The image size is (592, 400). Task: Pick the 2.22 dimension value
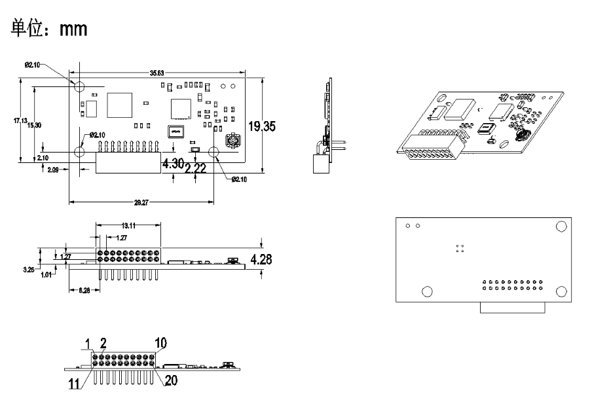(x=196, y=169)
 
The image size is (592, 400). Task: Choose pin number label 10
(x=161, y=342)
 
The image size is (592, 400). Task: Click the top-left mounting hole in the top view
(x=79, y=86)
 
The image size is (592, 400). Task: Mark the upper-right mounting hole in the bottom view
(x=561, y=227)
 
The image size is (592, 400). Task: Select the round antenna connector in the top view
(x=232, y=142)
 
